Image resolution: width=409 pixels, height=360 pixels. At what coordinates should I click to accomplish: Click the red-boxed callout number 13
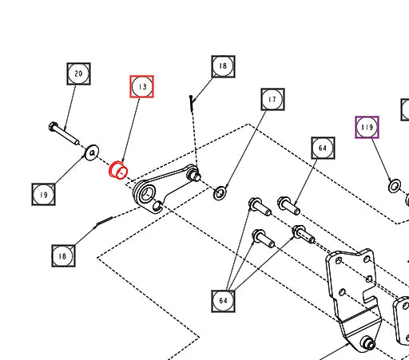pyautogui.click(x=142, y=87)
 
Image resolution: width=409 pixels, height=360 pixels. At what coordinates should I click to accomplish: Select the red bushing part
pyautogui.click(x=118, y=170)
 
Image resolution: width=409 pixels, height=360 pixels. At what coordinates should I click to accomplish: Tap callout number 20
pyautogui.click(x=78, y=73)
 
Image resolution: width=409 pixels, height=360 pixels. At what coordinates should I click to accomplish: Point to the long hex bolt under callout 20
pyautogui.click(x=64, y=134)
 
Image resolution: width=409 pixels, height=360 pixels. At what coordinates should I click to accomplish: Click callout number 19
pyautogui.click(x=44, y=195)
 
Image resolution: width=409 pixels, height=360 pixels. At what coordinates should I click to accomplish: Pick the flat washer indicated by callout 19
pyautogui.click(x=92, y=152)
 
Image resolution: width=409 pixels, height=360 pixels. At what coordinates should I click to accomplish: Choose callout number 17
pyautogui.click(x=272, y=99)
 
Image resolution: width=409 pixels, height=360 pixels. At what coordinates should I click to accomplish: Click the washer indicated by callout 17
pyautogui.click(x=220, y=193)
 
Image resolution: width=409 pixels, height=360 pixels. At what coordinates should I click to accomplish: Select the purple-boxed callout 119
pyautogui.click(x=367, y=127)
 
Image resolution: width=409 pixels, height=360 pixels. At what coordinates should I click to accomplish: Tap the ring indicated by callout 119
pyautogui.click(x=395, y=186)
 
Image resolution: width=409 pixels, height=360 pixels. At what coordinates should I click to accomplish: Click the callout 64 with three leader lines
pyautogui.click(x=223, y=301)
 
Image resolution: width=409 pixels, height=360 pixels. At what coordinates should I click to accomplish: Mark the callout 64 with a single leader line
pyautogui.click(x=323, y=148)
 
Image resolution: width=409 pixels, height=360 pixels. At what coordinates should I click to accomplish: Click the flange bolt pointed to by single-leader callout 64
pyautogui.click(x=288, y=206)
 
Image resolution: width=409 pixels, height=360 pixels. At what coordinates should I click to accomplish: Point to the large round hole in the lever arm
pyautogui.click(x=147, y=193)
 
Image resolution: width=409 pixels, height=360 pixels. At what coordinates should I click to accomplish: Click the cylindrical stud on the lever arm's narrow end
pyautogui.click(x=194, y=176)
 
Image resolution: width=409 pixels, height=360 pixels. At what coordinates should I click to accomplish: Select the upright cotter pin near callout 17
pyautogui.click(x=192, y=104)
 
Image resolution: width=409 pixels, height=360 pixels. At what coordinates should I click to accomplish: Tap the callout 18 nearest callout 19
pyautogui.click(x=63, y=256)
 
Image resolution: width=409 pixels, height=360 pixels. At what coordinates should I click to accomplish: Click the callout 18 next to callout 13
pyautogui.click(x=223, y=66)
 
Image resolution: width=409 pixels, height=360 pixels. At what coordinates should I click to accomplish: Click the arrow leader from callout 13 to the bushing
pyautogui.click(x=130, y=130)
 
